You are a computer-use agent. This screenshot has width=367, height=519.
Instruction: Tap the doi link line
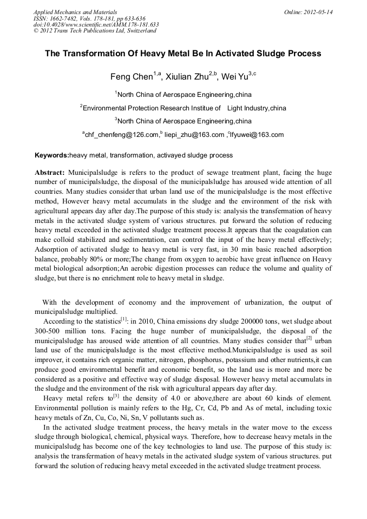tap(96, 24)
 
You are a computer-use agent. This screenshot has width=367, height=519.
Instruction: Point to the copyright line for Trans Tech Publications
tap(95, 31)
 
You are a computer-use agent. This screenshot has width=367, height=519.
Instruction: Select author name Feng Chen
tap(132, 77)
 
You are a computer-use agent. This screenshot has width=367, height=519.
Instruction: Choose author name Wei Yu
tap(235, 77)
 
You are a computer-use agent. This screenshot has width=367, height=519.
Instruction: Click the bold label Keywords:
tap(52, 155)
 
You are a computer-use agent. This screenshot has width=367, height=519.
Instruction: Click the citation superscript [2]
tap(309, 338)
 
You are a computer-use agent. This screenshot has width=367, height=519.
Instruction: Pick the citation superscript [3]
tap(116, 397)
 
